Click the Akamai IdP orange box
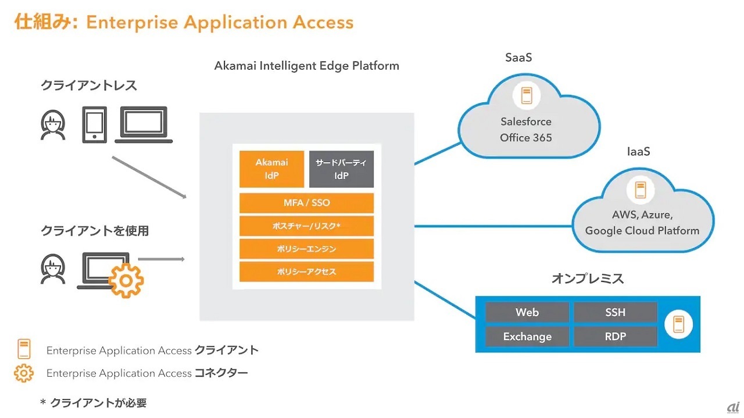click(x=272, y=169)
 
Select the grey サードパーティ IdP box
click(x=341, y=169)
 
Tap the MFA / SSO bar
click(x=306, y=203)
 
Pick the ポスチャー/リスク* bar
click(x=306, y=226)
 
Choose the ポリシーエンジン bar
click(x=306, y=249)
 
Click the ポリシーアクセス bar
click(x=306, y=271)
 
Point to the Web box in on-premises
click(x=527, y=312)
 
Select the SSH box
click(x=615, y=312)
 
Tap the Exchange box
click(x=527, y=337)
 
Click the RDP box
click(x=615, y=337)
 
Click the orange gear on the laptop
click(x=126, y=280)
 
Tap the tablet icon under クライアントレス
click(x=94, y=124)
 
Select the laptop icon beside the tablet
click(x=144, y=124)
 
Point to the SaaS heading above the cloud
click(x=518, y=58)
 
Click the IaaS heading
click(x=638, y=152)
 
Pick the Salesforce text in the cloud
click(x=526, y=122)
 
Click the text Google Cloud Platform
click(x=642, y=230)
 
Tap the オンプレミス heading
click(x=587, y=278)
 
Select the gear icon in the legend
click(x=24, y=373)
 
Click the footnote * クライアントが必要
click(x=92, y=402)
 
